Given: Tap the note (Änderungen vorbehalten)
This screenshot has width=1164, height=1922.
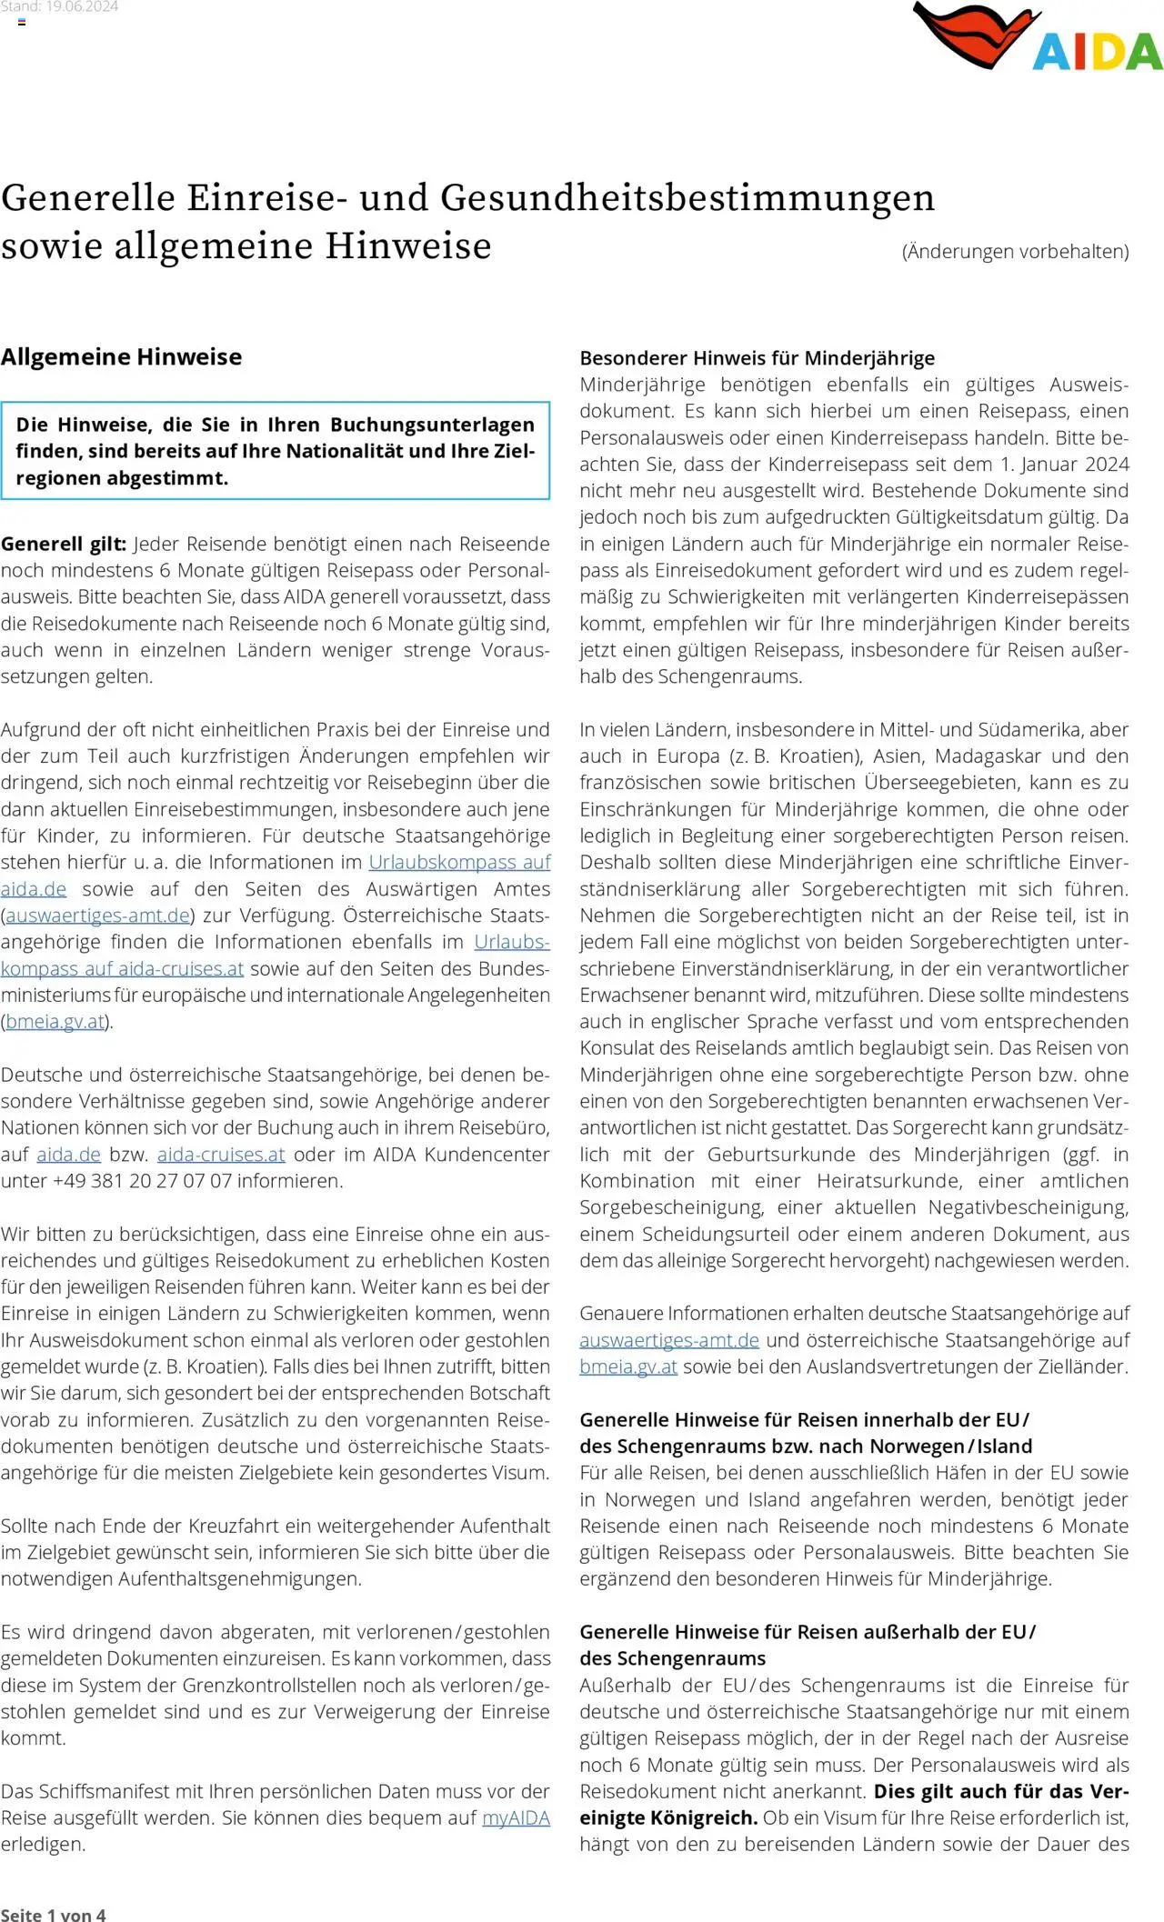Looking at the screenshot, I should pos(1015,252).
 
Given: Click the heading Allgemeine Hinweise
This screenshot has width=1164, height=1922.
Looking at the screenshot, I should pos(121,356).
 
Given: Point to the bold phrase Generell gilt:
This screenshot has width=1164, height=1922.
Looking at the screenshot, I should pos(64,544).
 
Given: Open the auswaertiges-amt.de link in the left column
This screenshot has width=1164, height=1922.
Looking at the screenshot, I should pos(97,916).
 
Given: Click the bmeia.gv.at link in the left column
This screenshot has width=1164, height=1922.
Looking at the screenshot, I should pos(55,1022).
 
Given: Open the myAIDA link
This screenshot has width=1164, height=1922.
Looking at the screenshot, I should pos(516,1817).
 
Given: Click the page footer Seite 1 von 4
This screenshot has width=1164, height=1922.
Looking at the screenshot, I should pos(53,1914).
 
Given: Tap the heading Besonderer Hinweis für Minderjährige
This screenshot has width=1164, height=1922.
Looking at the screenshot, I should pos(757,357).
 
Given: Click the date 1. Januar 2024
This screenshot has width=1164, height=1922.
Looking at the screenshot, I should pos(1065,465).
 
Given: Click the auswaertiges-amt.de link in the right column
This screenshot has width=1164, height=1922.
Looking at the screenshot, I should pos(668,1340).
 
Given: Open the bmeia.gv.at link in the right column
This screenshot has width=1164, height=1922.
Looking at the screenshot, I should pos(627,1366).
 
